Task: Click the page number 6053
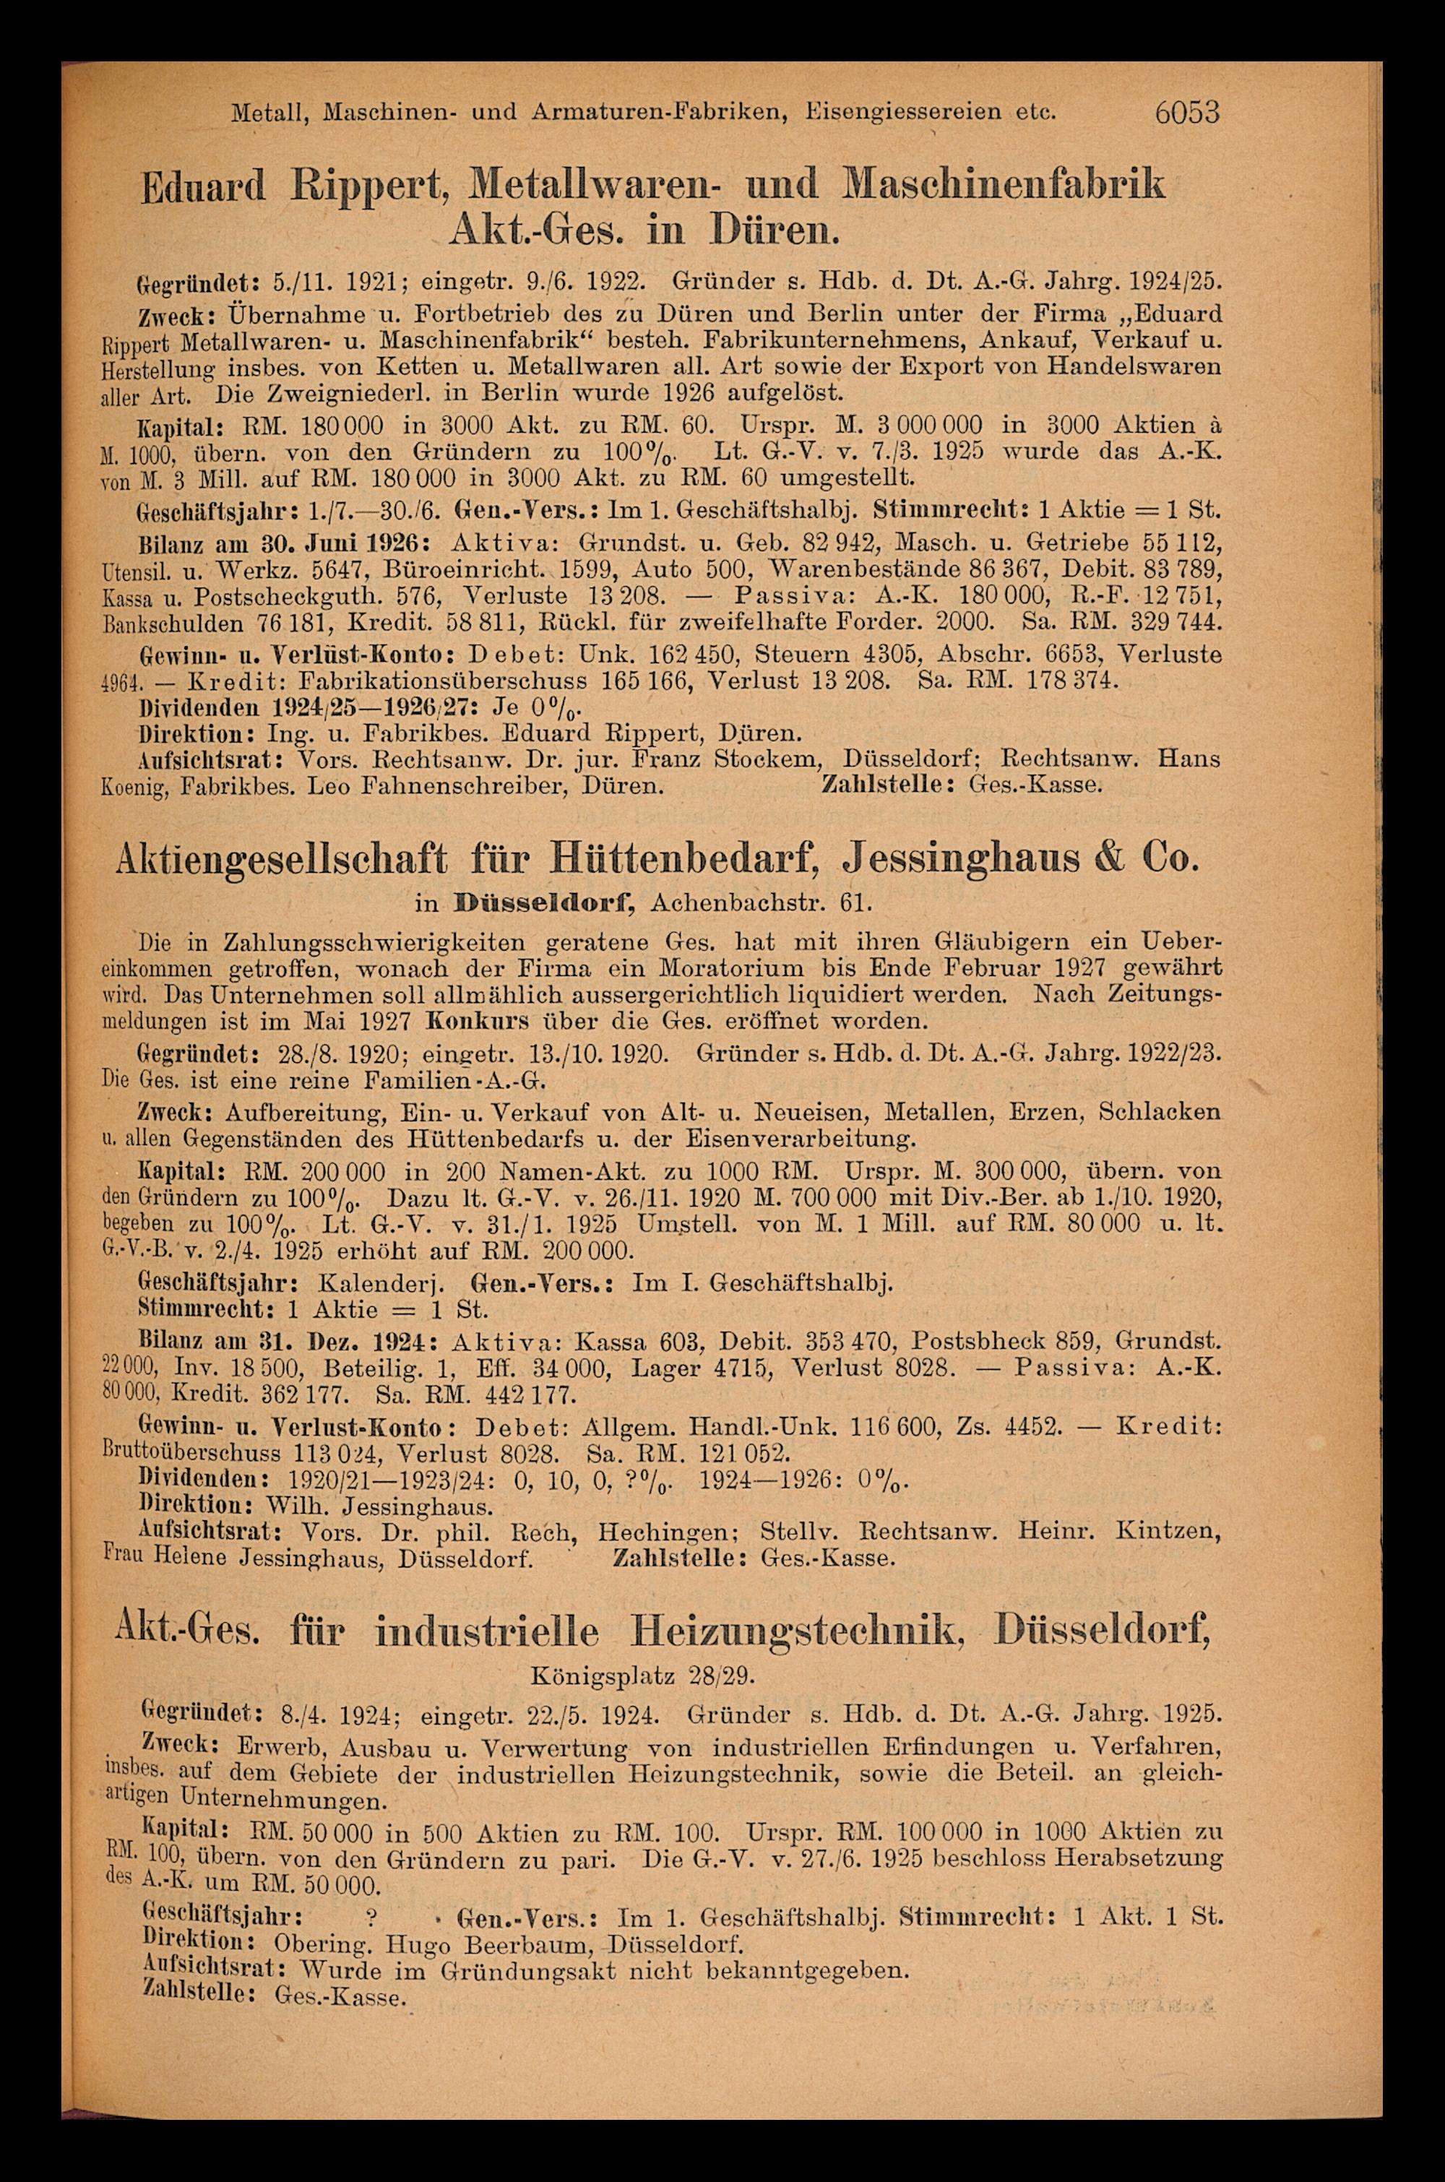1186,113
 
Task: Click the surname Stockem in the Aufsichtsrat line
759,760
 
